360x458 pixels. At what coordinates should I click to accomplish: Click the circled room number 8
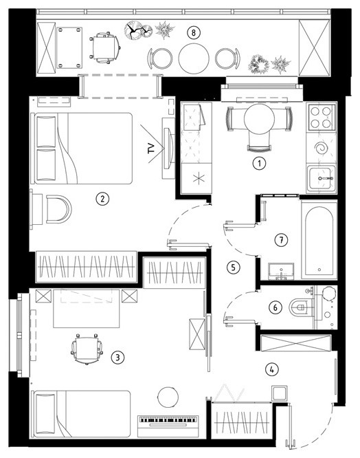point(194,32)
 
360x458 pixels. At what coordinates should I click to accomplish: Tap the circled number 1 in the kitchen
point(259,163)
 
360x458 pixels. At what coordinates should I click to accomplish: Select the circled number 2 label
point(102,199)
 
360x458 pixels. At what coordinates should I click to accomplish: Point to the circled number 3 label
point(118,357)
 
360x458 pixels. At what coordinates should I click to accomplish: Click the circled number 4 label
point(272,369)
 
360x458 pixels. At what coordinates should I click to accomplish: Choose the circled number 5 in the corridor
point(233,267)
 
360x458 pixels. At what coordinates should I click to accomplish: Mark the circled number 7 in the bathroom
point(281,240)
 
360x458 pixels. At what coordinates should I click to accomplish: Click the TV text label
point(151,149)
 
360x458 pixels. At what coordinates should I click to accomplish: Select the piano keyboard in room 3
point(168,426)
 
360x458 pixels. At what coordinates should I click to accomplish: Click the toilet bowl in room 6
point(301,307)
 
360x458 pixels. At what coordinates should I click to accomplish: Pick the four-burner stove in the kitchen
point(321,117)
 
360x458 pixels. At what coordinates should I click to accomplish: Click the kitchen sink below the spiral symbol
point(322,178)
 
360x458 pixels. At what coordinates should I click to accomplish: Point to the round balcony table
point(194,58)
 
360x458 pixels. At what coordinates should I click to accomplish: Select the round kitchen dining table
point(259,118)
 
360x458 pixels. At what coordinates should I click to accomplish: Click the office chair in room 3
point(87,349)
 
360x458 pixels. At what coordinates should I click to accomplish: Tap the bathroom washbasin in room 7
point(281,272)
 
